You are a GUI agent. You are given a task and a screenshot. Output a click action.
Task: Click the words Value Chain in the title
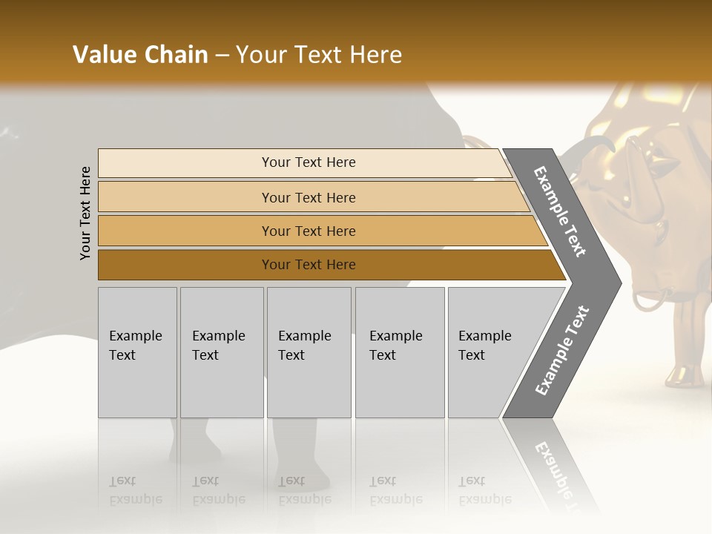[140, 55]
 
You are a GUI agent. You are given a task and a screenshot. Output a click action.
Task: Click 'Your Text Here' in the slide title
[319, 55]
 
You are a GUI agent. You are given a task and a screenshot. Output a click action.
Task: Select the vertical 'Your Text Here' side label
[85, 213]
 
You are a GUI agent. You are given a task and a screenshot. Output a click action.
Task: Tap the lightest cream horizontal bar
[309, 162]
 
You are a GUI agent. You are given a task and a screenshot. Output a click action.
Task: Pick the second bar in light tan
[309, 197]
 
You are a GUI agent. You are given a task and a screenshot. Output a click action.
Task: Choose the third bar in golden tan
[309, 231]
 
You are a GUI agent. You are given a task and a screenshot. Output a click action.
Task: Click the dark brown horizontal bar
[309, 265]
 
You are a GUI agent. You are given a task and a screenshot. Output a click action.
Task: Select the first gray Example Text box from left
[137, 352]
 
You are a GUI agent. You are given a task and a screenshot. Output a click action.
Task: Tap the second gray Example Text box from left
[222, 352]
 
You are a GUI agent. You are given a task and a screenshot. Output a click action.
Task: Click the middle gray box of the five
[309, 352]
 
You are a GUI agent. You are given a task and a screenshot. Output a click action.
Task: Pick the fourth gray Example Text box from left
[400, 352]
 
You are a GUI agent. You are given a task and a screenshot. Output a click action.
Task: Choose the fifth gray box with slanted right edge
[489, 352]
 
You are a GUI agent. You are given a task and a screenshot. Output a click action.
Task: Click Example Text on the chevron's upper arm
[561, 211]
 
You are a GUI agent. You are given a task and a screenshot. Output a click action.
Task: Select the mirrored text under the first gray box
[135, 490]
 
